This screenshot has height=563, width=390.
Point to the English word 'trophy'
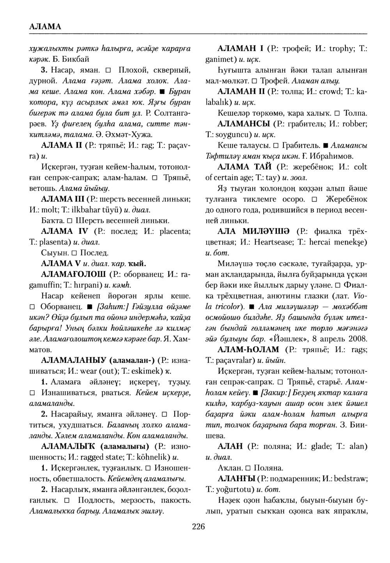336,50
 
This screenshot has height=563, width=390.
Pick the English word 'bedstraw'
349,478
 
